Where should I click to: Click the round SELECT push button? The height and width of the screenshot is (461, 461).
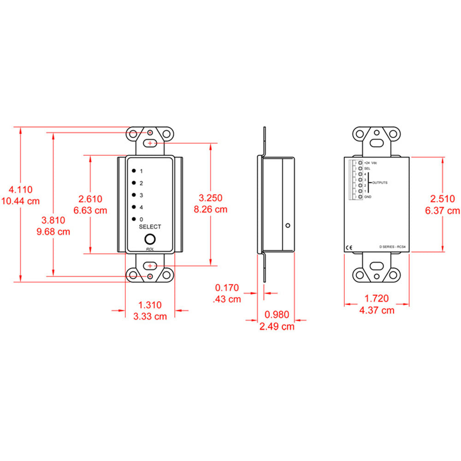tap(150, 239)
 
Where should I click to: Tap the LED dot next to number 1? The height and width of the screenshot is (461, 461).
tap(133, 171)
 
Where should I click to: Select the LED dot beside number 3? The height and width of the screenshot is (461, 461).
tap(133, 195)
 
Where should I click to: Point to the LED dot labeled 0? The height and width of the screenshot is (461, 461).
tap(133, 219)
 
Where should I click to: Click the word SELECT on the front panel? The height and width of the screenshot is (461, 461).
tap(150, 227)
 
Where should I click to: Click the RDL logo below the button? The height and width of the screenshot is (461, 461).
tap(150, 249)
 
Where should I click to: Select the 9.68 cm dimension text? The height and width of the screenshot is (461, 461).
tap(53, 232)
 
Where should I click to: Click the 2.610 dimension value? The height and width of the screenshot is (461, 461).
tap(90, 199)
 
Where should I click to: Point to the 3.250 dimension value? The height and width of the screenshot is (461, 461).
tap(210, 198)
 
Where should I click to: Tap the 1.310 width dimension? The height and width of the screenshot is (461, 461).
tap(150, 305)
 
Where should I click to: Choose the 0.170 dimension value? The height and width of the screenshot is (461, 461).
tap(227, 288)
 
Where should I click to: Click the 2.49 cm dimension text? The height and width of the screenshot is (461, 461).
tap(276, 327)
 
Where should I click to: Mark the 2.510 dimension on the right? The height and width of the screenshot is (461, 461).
tap(443, 199)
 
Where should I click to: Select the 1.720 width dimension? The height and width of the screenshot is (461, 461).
tap(377, 299)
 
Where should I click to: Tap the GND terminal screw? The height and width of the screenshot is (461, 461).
tap(359, 197)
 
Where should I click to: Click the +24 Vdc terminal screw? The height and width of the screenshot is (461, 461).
tap(359, 163)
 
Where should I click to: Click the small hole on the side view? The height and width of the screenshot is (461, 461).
tap(288, 226)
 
